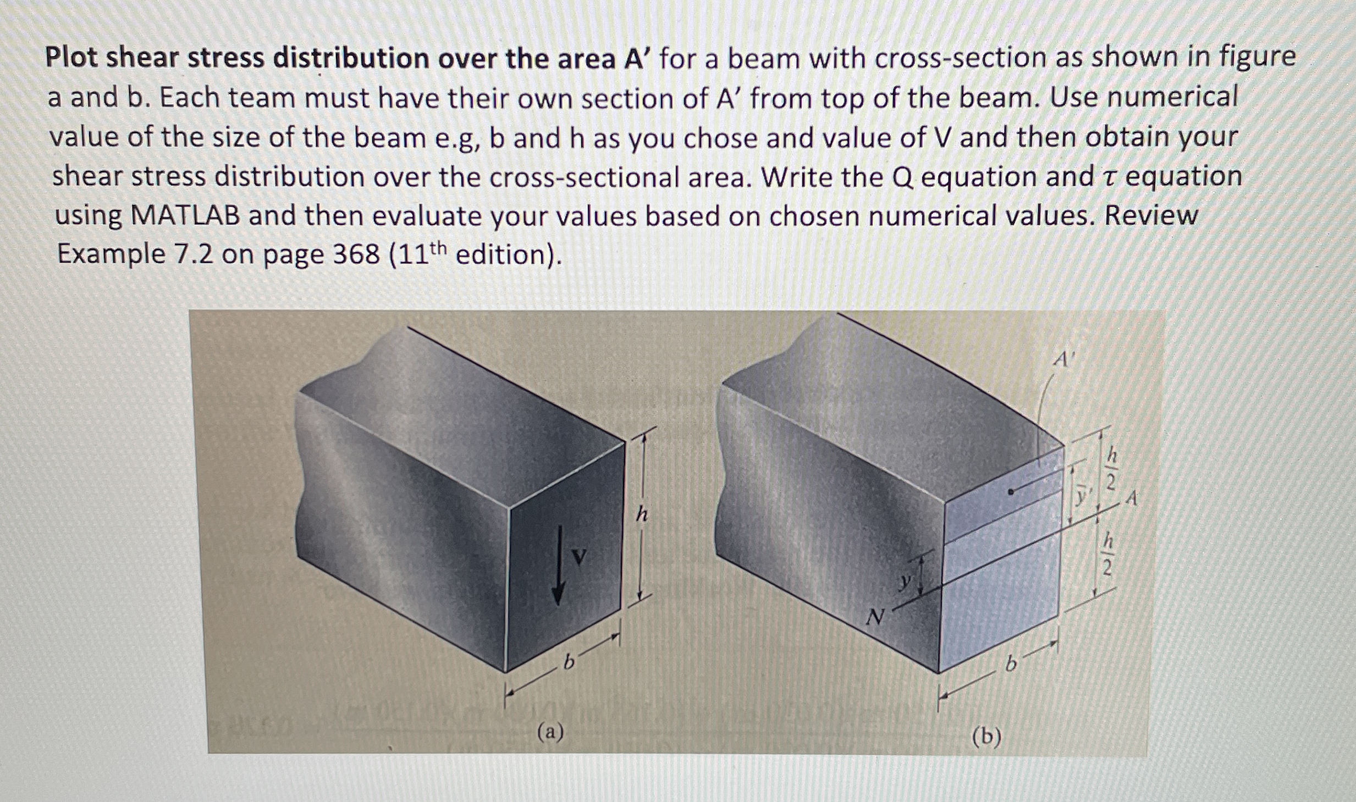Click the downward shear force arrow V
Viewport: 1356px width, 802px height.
tap(559, 566)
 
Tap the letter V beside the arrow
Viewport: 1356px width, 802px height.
tap(577, 555)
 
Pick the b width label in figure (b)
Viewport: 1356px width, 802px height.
tap(1008, 666)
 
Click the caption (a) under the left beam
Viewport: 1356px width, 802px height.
tap(551, 732)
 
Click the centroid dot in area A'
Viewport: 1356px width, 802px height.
tap(1010, 493)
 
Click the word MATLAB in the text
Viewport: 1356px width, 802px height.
tap(185, 215)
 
